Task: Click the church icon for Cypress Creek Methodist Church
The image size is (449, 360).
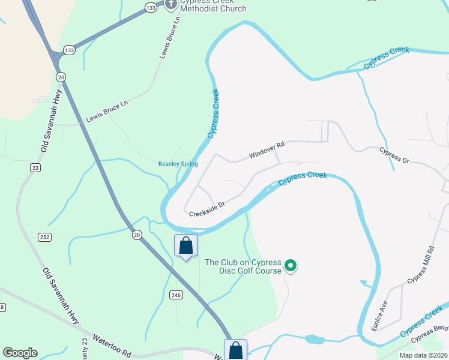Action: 170,4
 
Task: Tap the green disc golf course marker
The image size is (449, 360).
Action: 291,265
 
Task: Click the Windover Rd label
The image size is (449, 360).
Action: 267,151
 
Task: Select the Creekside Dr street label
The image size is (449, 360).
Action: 206,209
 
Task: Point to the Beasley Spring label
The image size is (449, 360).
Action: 178,164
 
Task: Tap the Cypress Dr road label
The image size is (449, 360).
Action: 394,155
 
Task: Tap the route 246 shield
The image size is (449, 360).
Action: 176,295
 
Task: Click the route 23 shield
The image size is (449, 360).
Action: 36,168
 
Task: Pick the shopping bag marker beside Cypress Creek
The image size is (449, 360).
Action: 185,245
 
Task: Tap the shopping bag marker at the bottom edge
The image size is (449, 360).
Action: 235,350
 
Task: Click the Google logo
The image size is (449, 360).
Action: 20,353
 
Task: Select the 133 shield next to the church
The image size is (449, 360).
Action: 151,7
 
